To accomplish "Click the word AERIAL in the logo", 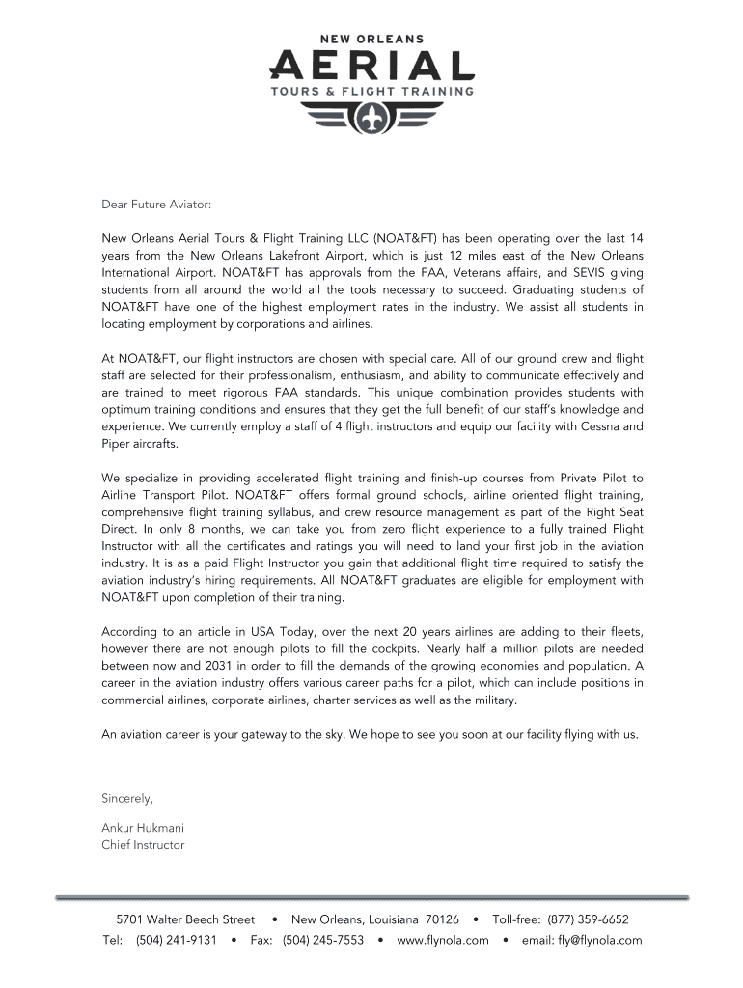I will pos(371,65).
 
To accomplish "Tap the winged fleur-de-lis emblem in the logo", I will pos(371,118).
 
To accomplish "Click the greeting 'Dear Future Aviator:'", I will pos(155,205).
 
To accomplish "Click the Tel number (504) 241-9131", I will pos(177,940).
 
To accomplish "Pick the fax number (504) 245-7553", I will pos(323,940).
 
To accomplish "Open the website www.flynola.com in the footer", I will pos(443,940).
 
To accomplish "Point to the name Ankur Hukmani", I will pos(143,828).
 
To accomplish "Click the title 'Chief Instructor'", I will pos(143,845).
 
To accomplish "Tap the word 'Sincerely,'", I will pos(127,798).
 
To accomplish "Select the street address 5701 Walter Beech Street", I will pos(185,919).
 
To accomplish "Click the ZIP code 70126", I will pos(442,919).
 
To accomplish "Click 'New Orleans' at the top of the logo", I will pos(371,39).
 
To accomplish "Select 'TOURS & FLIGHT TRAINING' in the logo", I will pos(371,93).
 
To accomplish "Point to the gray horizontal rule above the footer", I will pos(371,898).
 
